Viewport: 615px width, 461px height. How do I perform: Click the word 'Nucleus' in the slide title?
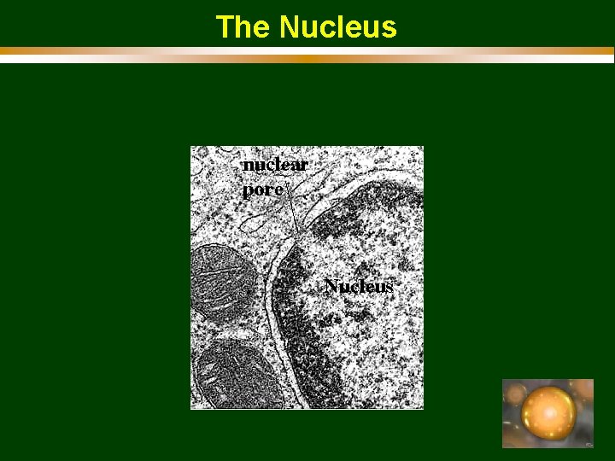pos(337,27)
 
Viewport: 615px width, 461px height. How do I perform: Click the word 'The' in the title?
pos(243,27)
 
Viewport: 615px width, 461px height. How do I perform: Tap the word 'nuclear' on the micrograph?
pos(274,164)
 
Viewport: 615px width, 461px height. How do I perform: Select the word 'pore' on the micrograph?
pos(262,190)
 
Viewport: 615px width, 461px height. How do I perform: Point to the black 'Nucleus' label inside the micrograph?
pos(359,286)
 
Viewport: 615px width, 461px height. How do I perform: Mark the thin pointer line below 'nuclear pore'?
pos(292,213)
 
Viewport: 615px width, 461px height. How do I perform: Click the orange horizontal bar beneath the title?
pos(307,51)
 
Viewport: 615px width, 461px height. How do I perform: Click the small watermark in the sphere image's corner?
pos(588,444)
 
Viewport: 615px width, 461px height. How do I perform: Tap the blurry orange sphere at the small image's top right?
pos(583,388)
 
